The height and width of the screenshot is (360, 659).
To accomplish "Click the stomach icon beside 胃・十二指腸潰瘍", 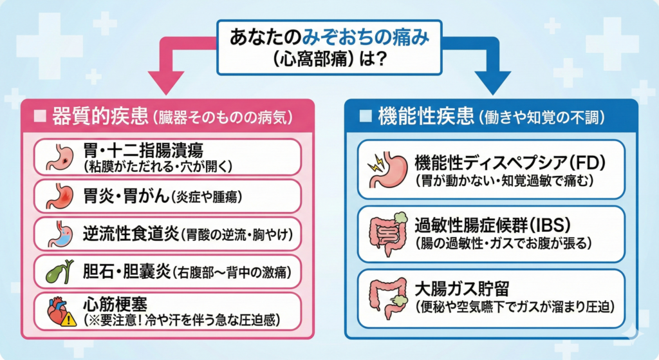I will point(61,157).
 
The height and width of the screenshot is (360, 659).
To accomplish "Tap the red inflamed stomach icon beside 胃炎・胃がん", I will point(61,196).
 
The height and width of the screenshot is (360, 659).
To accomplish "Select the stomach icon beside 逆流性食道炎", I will point(61,234).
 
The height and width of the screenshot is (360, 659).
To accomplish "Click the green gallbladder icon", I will point(60,272).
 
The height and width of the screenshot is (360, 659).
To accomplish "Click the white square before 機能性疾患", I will point(366,116).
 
